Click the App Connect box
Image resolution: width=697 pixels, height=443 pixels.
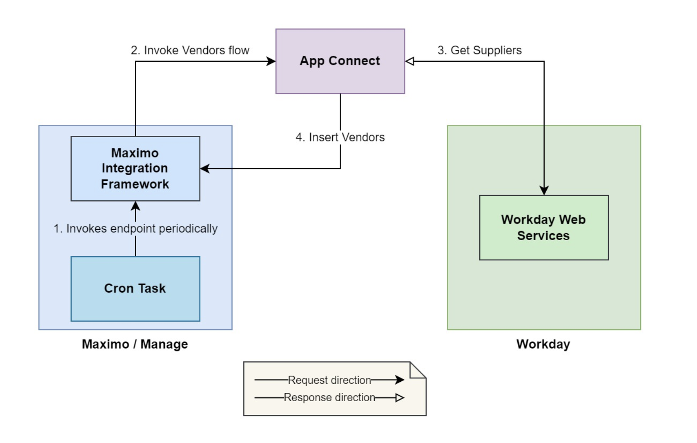click(x=340, y=61)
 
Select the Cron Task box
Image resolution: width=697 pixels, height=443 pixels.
click(x=135, y=289)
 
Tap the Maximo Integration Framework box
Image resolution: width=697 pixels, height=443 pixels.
click(x=135, y=169)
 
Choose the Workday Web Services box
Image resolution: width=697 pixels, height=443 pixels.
click(x=543, y=227)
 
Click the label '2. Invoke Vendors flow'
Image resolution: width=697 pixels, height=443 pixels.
click(x=190, y=51)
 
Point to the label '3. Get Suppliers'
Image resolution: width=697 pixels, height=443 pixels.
click(x=479, y=51)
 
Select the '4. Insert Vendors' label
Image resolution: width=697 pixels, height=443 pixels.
click(x=340, y=137)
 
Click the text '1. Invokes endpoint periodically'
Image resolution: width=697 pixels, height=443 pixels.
click(x=135, y=229)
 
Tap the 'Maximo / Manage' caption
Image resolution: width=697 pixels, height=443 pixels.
click(x=135, y=344)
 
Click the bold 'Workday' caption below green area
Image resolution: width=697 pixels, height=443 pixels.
click(x=543, y=344)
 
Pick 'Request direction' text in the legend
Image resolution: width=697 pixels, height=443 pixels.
click(x=329, y=380)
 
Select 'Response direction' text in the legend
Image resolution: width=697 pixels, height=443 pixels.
click(x=329, y=397)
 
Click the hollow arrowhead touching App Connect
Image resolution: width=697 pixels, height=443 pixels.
click(x=410, y=61)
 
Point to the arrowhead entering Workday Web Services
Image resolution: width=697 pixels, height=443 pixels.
click(x=544, y=190)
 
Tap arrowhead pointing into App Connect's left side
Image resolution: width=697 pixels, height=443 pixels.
click(x=271, y=61)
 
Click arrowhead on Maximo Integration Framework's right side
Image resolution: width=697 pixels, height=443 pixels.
click(x=205, y=169)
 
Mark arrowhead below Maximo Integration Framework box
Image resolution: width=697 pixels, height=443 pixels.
click(x=135, y=206)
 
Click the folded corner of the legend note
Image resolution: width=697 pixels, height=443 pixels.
click(x=417, y=370)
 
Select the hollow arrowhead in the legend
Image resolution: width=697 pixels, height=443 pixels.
click(x=399, y=398)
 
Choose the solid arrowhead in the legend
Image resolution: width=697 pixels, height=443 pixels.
click(x=399, y=380)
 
